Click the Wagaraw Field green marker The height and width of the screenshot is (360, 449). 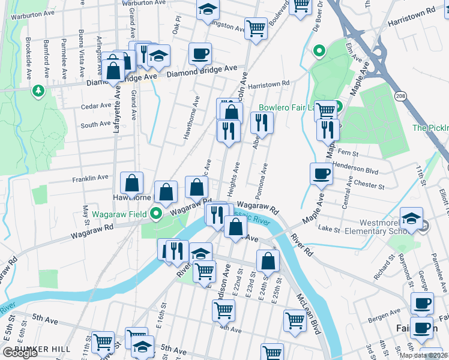pyautogui.click(x=157, y=213)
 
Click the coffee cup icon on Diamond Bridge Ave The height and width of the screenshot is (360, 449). pyautogui.click(x=200, y=53)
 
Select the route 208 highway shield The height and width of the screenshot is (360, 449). pyautogui.click(x=400, y=95)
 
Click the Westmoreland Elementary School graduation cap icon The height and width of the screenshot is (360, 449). pyautogui.click(x=412, y=219)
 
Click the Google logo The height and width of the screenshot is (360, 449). pyautogui.click(x=20, y=353)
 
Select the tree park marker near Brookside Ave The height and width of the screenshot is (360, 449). pyautogui.click(x=38, y=91)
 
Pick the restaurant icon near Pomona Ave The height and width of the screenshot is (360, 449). pyautogui.click(x=262, y=124)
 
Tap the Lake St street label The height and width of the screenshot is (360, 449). pyautogui.click(x=330, y=229)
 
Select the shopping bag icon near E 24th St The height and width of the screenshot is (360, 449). pyautogui.click(x=268, y=260)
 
